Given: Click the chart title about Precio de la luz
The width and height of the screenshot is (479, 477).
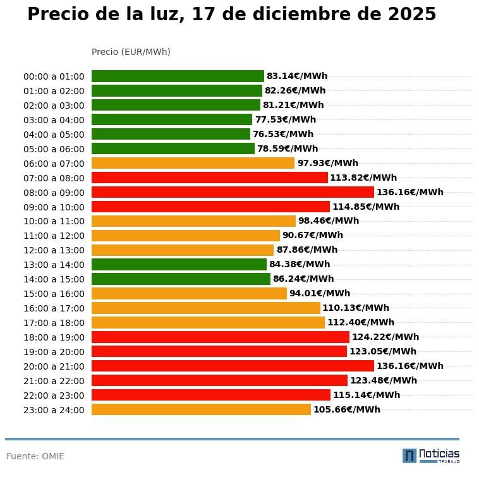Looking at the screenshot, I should [x=231, y=15].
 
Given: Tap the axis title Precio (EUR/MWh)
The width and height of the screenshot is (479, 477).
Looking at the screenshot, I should [x=131, y=52].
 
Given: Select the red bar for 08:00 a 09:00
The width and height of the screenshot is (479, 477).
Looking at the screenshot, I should [x=233, y=192].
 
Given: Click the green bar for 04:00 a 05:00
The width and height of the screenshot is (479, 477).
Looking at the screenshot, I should [x=171, y=134].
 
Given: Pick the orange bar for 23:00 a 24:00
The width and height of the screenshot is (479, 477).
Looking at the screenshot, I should [x=201, y=409].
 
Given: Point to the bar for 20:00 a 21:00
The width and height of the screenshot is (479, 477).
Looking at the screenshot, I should [x=233, y=366].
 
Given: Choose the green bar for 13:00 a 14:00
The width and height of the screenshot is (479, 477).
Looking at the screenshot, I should [x=179, y=264].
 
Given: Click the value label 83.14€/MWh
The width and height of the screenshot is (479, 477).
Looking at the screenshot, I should [x=297, y=76].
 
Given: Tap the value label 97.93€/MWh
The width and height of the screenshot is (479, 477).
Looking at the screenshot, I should [x=327, y=163].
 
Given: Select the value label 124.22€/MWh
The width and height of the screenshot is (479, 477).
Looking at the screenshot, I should [x=385, y=337].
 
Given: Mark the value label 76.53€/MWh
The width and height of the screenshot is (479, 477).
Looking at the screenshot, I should [x=283, y=134].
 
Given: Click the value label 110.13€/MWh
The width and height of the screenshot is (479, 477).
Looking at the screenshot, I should [x=356, y=308].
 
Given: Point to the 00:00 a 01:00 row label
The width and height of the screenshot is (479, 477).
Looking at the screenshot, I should [x=54, y=76].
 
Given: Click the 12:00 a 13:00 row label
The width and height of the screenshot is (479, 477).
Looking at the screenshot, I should [x=54, y=250].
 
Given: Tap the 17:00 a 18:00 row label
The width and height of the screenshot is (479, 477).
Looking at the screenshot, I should [x=54, y=323].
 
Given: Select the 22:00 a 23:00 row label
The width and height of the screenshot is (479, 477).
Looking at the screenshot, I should [x=54, y=395].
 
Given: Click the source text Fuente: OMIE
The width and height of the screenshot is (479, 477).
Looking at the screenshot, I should [x=35, y=456].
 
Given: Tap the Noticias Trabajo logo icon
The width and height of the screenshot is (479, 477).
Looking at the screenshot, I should [x=409, y=456].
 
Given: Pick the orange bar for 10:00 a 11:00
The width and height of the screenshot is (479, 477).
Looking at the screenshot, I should [x=193, y=221].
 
